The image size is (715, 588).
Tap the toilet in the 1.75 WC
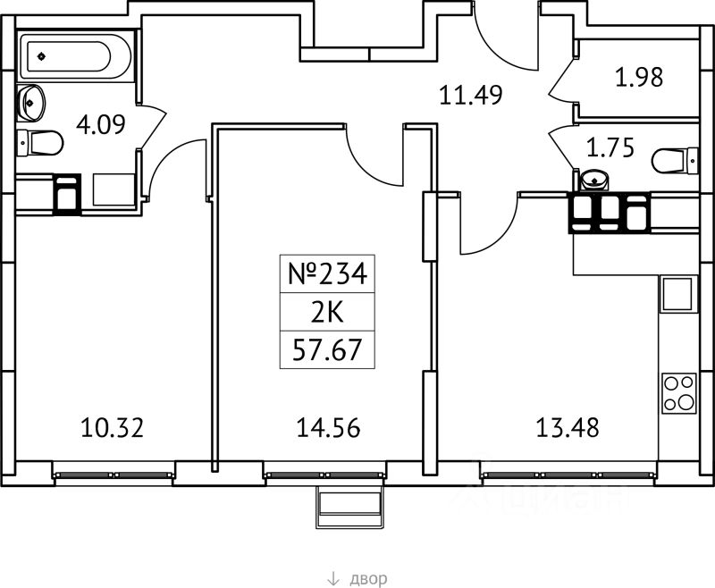point(675,161)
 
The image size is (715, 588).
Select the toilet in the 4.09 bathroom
point(38,142)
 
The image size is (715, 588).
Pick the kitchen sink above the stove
point(677,294)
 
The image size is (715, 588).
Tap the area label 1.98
point(639,78)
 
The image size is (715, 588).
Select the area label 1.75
point(610,147)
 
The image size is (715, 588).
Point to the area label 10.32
point(111,428)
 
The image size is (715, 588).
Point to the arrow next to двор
point(332,579)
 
